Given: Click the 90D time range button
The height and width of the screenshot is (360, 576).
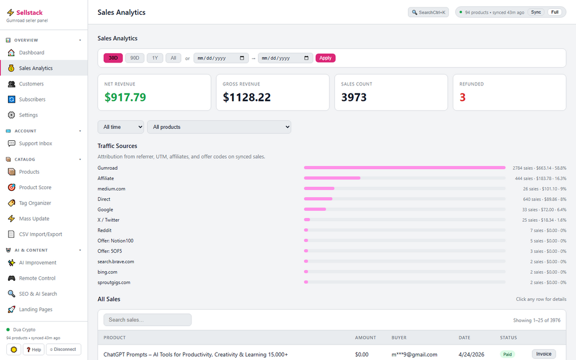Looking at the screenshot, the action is (135, 58).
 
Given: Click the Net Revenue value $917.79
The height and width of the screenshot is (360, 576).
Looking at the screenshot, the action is (126, 97).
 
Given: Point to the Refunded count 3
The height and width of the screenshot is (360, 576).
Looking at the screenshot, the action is (463, 97).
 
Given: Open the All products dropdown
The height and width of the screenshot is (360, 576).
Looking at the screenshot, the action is (220, 127).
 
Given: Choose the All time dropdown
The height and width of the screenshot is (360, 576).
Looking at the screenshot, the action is (121, 127).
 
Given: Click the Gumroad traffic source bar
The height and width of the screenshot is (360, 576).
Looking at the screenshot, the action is (405, 168).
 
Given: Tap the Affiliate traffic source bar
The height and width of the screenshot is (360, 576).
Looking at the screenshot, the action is (332, 178).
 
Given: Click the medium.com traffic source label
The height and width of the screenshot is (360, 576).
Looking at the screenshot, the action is (111, 189).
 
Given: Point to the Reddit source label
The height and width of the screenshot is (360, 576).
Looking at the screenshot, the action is (104, 230).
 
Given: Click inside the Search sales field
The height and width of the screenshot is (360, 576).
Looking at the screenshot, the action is (147, 320).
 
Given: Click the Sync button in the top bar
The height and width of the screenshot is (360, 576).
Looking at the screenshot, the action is (536, 12).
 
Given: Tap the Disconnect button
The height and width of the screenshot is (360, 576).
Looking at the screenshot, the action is (63, 349).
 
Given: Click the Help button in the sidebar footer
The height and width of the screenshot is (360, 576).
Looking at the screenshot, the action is (33, 349).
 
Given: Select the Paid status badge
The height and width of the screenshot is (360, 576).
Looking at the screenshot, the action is (507, 354).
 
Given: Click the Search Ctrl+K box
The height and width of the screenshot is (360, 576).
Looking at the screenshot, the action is (428, 13).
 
